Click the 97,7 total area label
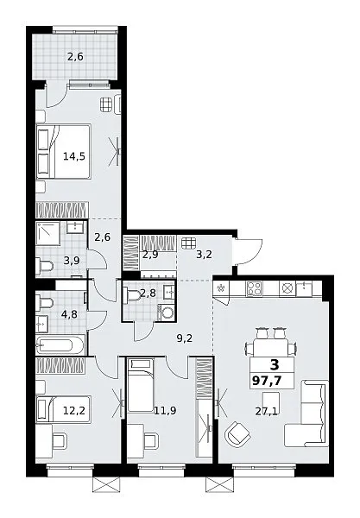(267, 381)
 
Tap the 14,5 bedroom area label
(74, 156)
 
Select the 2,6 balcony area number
(75, 57)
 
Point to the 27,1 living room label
(266, 411)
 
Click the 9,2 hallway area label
(185, 338)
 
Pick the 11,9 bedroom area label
(165, 411)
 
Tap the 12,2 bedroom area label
(74, 411)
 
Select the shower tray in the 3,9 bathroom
(47, 234)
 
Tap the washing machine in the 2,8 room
(166, 313)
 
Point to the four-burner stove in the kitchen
(254, 288)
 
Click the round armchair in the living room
(237, 433)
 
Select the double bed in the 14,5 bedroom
(63, 152)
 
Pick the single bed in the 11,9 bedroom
(141, 386)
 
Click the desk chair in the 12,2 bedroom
(60, 440)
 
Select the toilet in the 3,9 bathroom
(45, 265)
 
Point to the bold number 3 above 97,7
(275, 365)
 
